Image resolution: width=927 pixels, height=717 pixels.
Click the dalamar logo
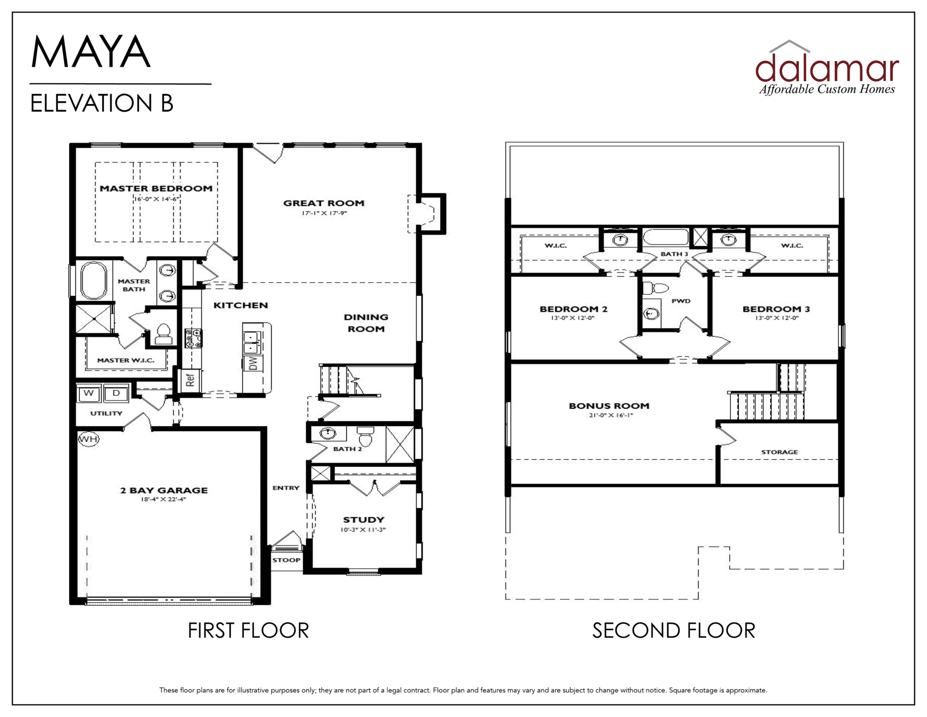tap(827, 68)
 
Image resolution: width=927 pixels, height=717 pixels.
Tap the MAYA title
tap(91, 52)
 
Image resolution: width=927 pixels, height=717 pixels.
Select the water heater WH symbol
tap(88, 439)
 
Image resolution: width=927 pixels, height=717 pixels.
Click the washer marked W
tap(89, 393)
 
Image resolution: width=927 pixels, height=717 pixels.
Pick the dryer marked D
tap(116, 393)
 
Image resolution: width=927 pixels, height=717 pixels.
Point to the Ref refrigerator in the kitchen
tap(190, 380)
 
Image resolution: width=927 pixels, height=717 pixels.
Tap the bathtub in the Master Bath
tap(94, 281)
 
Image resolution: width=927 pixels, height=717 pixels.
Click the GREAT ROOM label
tap(323, 203)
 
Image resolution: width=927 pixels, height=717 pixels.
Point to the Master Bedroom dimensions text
tap(156, 199)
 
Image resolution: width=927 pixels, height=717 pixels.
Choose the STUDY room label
tap(364, 519)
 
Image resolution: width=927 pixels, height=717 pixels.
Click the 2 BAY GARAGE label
tap(164, 490)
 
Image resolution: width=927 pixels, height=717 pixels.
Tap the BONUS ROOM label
tap(609, 406)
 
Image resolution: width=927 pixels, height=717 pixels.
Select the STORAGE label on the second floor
tap(779, 452)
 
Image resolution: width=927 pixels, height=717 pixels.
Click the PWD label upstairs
tap(681, 301)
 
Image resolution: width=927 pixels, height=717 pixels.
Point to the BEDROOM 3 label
tap(776, 309)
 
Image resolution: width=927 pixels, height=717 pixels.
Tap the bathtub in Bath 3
tap(665, 238)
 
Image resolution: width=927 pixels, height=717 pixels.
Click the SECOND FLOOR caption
tap(674, 631)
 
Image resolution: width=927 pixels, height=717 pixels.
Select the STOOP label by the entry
tap(286, 560)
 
